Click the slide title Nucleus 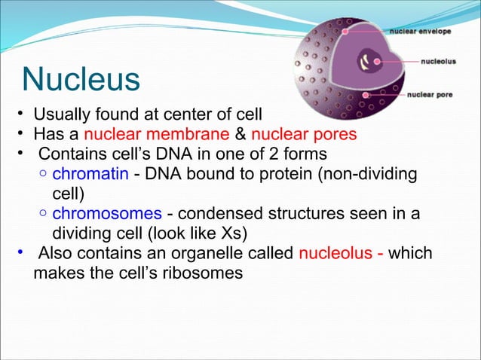click(x=81, y=78)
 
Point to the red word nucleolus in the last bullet click(x=337, y=252)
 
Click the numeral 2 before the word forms click(x=285, y=154)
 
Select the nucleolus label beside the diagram click(x=437, y=63)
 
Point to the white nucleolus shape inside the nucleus click(x=370, y=60)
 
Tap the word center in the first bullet click(x=197, y=115)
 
